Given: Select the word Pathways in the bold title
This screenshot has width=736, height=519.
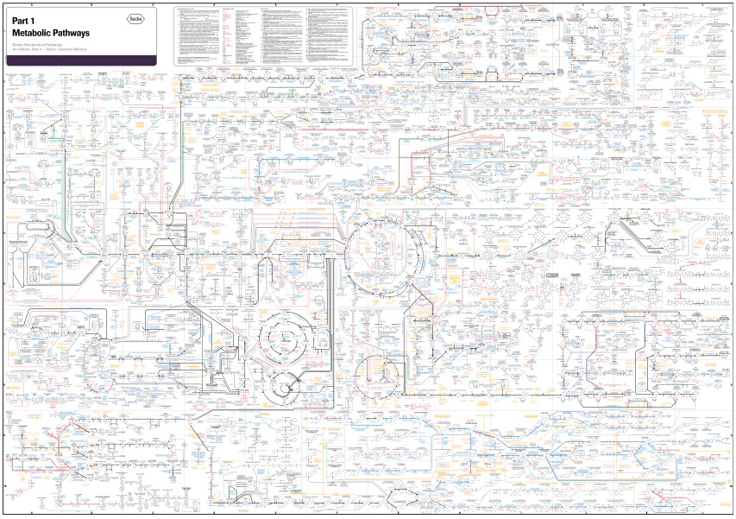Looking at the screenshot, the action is [x=72, y=33].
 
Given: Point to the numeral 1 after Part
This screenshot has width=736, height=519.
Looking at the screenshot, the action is [x=33, y=21].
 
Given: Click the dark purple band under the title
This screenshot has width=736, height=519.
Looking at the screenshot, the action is [x=78, y=60].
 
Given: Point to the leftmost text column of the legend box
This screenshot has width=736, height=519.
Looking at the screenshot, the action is [x=197, y=35].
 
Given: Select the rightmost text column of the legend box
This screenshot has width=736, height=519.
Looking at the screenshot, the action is [x=328, y=35].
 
